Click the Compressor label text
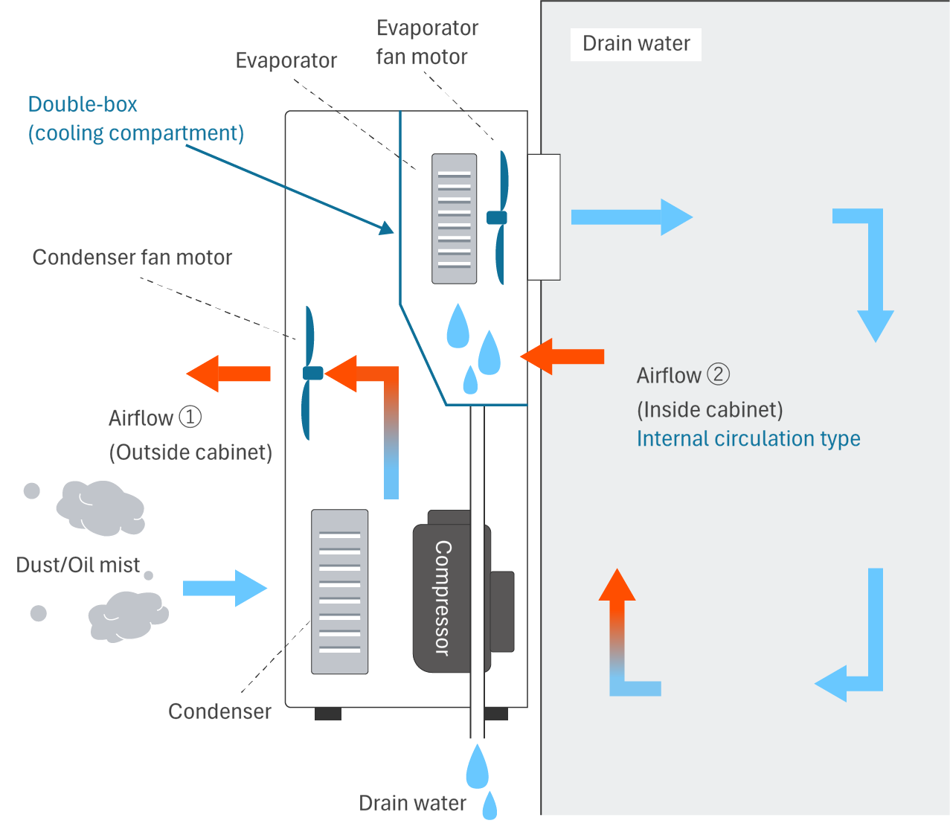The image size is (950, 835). tap(443, 598)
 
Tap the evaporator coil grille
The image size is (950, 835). tap(454, 219)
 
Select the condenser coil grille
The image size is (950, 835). tap(339, 592)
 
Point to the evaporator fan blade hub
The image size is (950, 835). tap(497, 218)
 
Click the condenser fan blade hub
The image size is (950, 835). tap(313, 373)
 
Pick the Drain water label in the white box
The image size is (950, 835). tap(636, 44)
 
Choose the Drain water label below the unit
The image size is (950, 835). tap(412, 804)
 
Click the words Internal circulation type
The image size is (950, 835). tap(748, 439)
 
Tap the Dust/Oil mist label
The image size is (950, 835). tap(78, 566)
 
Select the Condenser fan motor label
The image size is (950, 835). tap(132, 257)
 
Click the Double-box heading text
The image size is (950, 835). tap(83, 104)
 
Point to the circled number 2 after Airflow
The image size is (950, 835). tap(718, 374)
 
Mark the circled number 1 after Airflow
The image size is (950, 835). tap(190, 416)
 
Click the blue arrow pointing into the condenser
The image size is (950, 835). tap(225, 588)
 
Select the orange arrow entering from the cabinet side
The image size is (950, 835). tap(562, 356)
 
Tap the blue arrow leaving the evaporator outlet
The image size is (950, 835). tap(631, 217)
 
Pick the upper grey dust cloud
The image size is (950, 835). tap(100, 508)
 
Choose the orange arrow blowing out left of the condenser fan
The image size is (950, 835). tap(228, 374)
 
